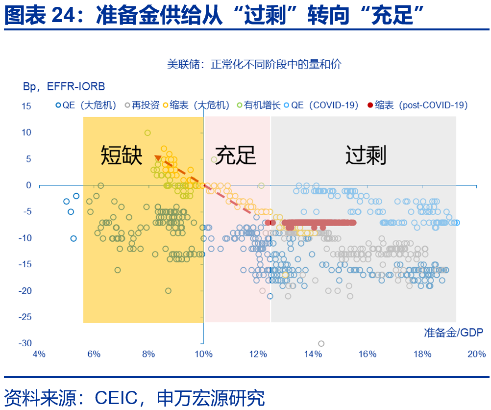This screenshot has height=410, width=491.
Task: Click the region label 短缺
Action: pos(122,155)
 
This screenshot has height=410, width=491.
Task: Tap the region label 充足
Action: pos(236,155)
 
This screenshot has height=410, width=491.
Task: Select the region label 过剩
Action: pos(366,155)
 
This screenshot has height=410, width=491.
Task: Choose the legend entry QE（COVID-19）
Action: pos(325,105)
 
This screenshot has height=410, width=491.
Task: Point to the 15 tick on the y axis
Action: pos(25,106)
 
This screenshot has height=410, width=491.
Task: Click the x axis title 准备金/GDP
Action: pos(453,333)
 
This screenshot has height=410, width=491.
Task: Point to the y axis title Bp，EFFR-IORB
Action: pos(64,87)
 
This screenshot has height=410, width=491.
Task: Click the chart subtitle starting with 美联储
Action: pos(254,64)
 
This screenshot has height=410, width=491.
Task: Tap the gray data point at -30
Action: pos(321,343)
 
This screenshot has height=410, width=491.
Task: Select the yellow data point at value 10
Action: pos(147,132)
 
